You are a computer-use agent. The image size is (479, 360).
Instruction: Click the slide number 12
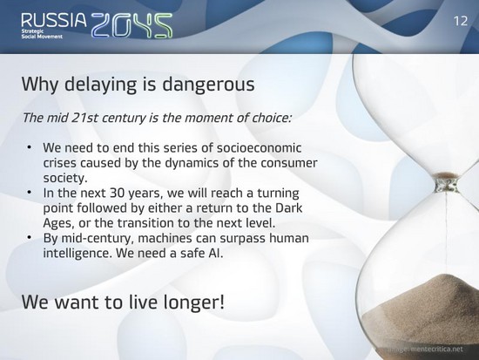[461, 21]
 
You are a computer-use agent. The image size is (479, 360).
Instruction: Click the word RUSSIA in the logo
[54, 20]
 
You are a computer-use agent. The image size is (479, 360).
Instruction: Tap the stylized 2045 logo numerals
[132, 25]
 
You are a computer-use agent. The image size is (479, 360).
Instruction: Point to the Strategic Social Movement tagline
[42, 34]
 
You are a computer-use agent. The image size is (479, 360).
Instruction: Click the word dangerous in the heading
[208, 85]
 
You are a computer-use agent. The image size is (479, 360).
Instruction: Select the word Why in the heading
[40, 85]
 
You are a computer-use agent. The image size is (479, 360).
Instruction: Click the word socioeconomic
[259, 147]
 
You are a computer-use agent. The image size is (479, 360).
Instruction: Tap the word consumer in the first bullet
[289, 163]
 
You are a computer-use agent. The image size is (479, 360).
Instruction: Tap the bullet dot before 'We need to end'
[30, 147]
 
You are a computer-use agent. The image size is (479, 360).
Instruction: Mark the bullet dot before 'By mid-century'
[30, 238]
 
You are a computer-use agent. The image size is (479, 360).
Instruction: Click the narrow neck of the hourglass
[446, 184]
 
